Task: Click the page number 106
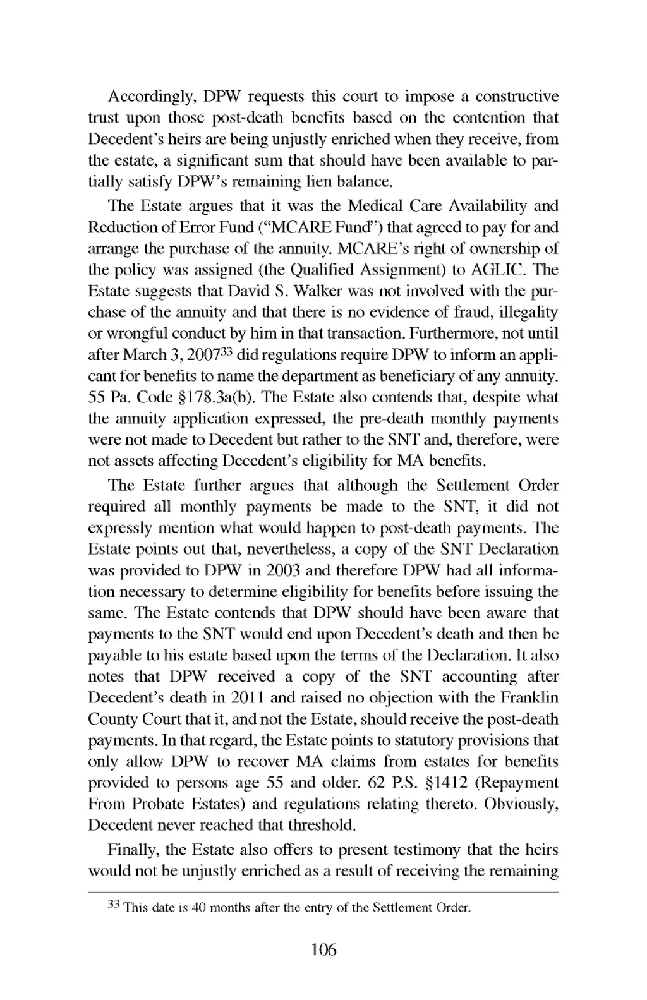[323, 950]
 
